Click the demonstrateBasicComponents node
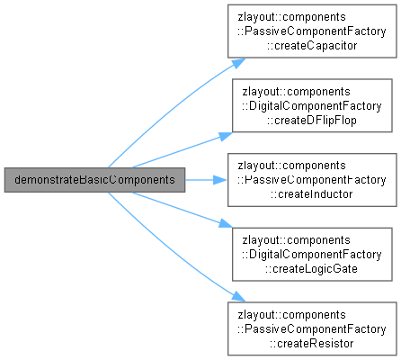tap(94, 180)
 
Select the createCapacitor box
tap(312, 31)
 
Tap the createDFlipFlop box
tap(312, 105)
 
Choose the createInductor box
tap(312, 180)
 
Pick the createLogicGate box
tap(312, 255)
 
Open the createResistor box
tap(312, 328)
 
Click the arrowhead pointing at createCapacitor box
tap(238, 63)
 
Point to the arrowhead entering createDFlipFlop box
tap(226, 136)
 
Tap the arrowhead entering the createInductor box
tap(220, 180)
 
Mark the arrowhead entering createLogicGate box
tap(226, 224)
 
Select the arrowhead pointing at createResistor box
tap(238, 297)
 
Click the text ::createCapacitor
tap(312, 46)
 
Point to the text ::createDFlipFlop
tap(312, 120)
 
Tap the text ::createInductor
tap(312, 194)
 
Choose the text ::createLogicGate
tap(312, 269)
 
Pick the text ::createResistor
tap(312, 343)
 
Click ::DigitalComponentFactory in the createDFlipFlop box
tap(312, 106)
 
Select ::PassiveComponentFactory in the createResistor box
tap(312, 329)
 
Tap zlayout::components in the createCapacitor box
tap(292, 17)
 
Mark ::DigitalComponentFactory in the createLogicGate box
tap(312, 255)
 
